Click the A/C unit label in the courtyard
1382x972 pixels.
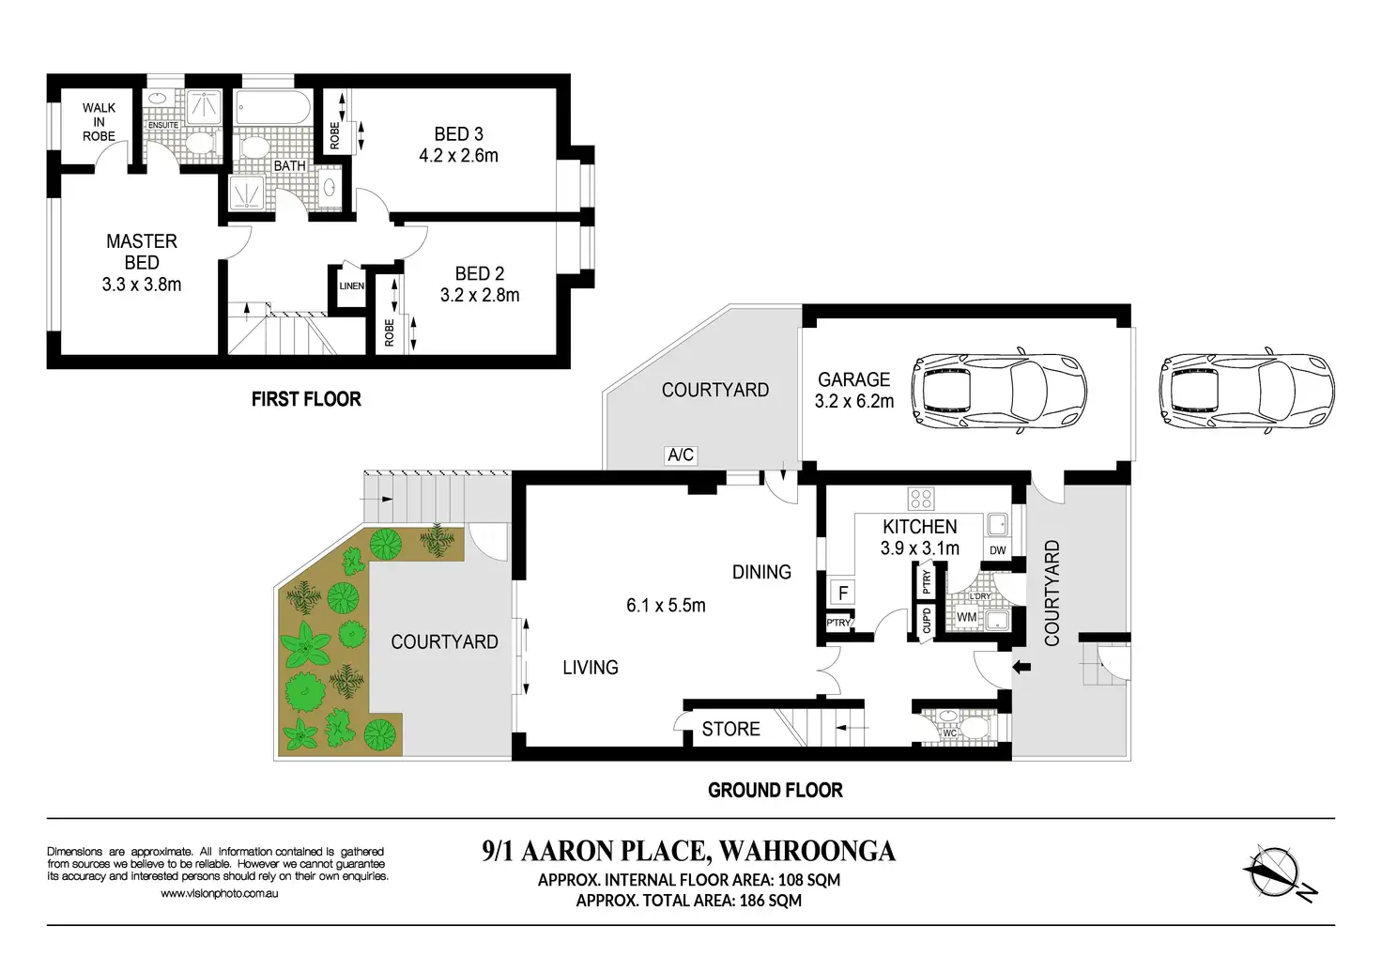[681, 455]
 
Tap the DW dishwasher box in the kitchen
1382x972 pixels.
[998, 550]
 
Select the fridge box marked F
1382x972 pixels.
[843, 594]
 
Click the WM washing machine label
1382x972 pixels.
[966, 617]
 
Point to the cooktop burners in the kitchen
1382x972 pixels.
[920, 499]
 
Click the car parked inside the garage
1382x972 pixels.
[1000, 392]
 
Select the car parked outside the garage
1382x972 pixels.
[1247, 392]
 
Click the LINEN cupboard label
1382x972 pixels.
[352, 286]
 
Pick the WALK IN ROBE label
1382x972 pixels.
[99, 122]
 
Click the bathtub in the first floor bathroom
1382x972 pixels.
[273, 109]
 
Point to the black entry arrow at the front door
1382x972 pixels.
[1021, 667]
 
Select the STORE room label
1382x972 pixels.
[731, 730]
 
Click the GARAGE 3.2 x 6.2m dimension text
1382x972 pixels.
[853, 402]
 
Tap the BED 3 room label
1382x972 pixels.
[458, 134]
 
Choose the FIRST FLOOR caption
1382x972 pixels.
[306, 399]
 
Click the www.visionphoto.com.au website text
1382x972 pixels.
[220, 894]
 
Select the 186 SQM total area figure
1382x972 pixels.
[771, 901]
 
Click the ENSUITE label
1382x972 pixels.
[162, 125]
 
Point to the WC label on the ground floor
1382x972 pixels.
[949, 733]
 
